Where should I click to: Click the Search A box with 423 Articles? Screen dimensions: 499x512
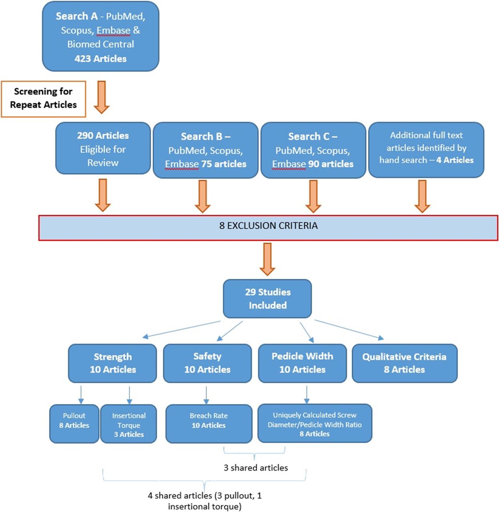[x=100, y=36]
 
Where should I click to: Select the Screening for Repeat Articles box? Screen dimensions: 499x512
[x=44, y=99]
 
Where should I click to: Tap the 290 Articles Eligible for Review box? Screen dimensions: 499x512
[x=103, y=148]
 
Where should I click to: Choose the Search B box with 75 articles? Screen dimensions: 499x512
[x=206, y=150]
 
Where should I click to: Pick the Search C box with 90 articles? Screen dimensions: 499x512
[x=313, y=150]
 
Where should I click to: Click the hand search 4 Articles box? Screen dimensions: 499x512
[x=426, y=150]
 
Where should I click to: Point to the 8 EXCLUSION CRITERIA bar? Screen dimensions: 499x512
[x=269, y=228]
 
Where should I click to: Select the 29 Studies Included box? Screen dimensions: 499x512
[x=267, y=299]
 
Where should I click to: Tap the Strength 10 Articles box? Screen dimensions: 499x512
[x=112, y=363]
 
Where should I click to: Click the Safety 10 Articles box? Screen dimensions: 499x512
[x=207, y=363]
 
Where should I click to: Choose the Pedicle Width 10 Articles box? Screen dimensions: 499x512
[x=303, y=363]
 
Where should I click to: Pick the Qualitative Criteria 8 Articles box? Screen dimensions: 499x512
[x=405, y=363]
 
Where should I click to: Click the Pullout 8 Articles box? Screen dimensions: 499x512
[x=74, y=424]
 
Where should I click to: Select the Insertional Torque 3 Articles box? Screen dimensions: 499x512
[x=129, y=424]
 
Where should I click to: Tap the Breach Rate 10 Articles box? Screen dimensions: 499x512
[x=209, y=424]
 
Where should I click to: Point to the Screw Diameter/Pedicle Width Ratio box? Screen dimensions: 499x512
[x=315, y=423]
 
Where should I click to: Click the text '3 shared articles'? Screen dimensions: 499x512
[x=256, y=468]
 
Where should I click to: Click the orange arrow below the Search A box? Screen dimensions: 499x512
[x=102, y=97]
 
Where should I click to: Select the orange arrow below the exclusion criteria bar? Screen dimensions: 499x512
[x=267, y=259]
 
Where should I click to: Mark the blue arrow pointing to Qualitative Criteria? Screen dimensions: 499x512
[x=349, y=330]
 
